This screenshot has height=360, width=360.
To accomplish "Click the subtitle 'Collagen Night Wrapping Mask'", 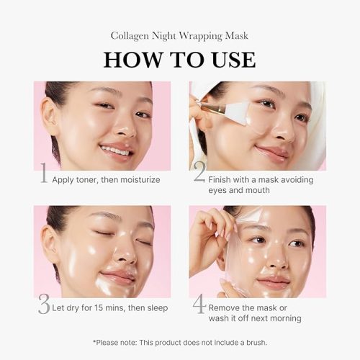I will tap(179, 35).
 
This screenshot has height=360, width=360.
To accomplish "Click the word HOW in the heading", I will tap(130, 60).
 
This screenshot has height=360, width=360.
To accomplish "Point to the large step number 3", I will tap(44, 307).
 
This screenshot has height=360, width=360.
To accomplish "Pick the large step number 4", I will tap(199, 307).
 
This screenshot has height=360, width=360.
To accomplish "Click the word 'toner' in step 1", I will tap(92, 179).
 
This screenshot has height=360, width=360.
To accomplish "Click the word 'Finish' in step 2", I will tap(225, 179).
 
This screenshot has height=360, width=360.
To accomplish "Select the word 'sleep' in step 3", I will tap(154, 308).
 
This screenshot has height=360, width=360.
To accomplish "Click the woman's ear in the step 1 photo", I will tap(50, 115).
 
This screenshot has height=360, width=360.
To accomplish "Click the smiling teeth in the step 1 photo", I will tap(115, 150).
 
